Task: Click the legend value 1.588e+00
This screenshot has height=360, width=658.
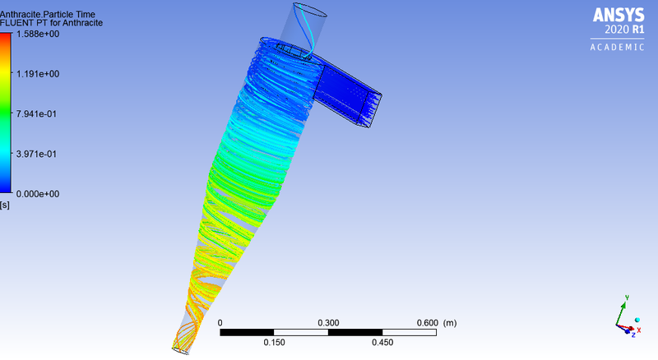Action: pos(36,34)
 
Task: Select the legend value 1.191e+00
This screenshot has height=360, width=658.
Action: pos(36,74)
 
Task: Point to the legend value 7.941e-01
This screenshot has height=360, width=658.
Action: pos(36,114)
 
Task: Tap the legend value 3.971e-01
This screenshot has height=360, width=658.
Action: pos(36,155)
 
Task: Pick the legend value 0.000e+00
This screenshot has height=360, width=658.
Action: pos(36,194)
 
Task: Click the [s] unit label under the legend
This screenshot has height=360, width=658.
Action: pos(5,204)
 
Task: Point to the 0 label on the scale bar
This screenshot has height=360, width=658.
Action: pos(221,323)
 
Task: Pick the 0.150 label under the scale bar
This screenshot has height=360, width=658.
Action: pos(274,343)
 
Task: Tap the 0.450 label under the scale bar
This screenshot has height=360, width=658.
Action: pos(382,343)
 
